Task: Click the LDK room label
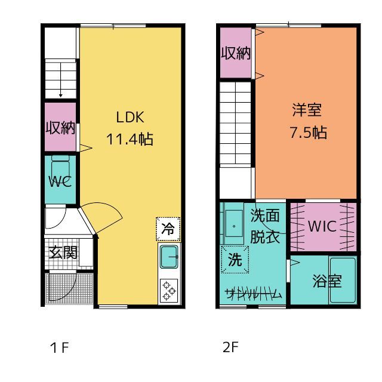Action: click(x=130, y=117)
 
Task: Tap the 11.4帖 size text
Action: click(x=130, y=139)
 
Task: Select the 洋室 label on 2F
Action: click(x=307, y=110)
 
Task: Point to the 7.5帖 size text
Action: click(x=308, y=133)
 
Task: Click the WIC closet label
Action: click(x=322, y=226)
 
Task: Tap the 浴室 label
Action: click(x=327, y=281)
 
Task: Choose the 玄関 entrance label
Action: click(x=63, y=252)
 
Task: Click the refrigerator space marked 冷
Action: click(x=168, y=229)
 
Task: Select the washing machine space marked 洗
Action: click(x=235, y=260)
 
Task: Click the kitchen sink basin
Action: click(x=169, y=257)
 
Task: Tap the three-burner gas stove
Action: click(x=169, y=291)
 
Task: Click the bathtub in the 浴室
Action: click(x=343, y=280)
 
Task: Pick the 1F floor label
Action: click(x=59, y=347)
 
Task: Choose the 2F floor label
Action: click(x=230, y=347)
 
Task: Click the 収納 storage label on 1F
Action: click(x=60, y=127)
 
